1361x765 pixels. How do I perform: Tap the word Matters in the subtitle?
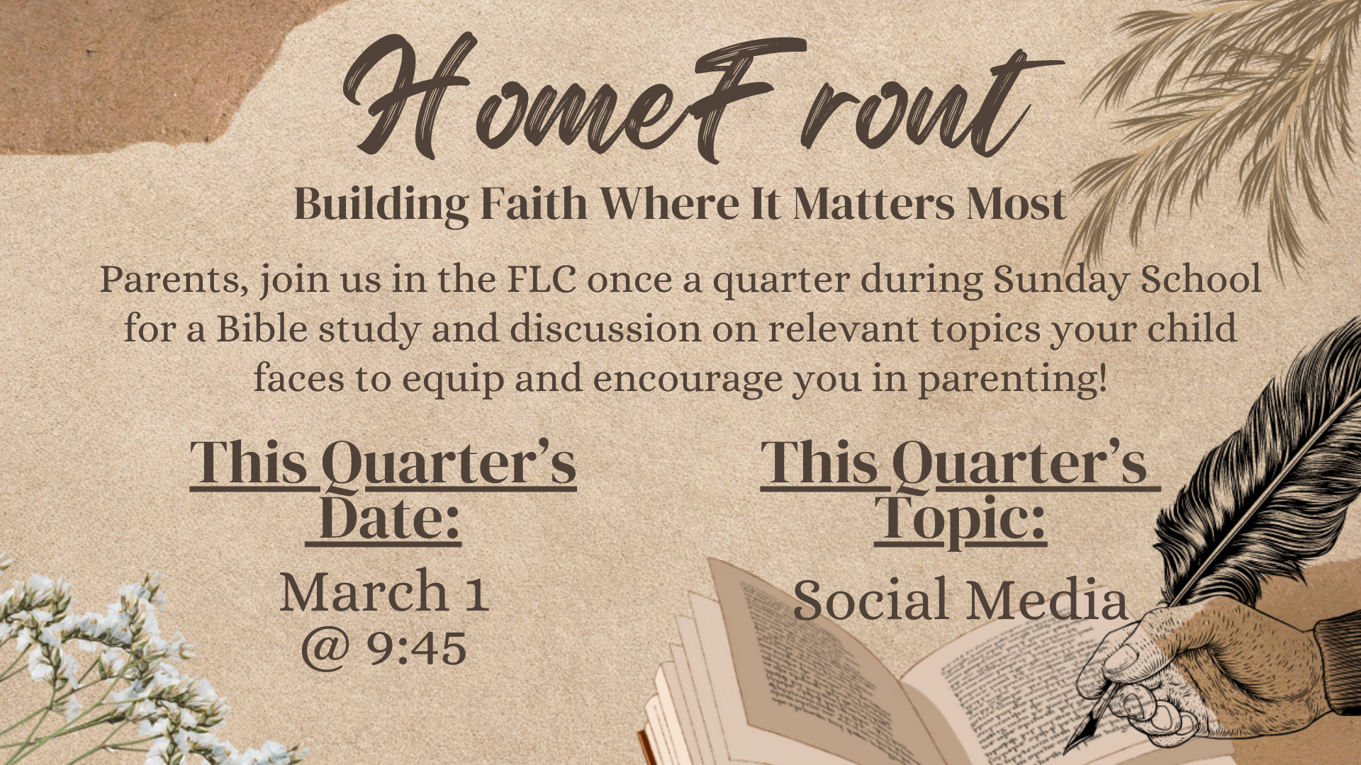pos(873,204)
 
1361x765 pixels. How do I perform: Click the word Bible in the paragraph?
pos(262,329)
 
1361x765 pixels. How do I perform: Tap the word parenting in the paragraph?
pos(1013,380)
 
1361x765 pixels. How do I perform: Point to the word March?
pos(363,592)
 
